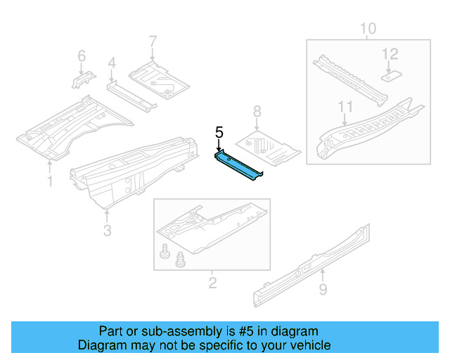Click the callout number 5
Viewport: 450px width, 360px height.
[219, 131]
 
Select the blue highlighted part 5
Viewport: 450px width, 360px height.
[239, 163]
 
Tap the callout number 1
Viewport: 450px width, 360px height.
[49, 182]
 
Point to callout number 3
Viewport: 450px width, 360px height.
[107, 230]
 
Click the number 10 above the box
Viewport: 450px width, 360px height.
[368, 28]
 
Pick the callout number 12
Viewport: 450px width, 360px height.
[390, 53]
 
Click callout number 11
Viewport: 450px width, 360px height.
[344, 107]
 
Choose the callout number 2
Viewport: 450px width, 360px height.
[212, 283]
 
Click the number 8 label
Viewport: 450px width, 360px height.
[257, 110]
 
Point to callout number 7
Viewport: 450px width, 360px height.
[153, 41]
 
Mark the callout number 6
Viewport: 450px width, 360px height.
[82, 56]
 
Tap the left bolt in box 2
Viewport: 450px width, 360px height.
[165, 250]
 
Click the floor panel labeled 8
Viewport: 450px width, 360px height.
[269, 146]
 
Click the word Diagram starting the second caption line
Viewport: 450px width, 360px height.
[100, 345]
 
